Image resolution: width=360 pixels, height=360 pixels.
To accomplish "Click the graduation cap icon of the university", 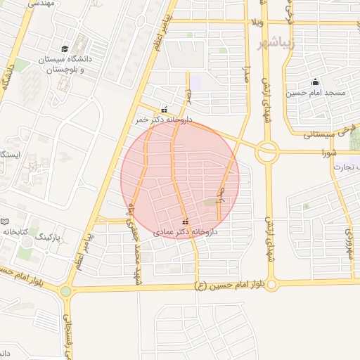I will click(x=65, y=49).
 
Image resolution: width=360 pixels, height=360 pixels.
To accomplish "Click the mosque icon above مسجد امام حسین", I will click(x=315, y=82).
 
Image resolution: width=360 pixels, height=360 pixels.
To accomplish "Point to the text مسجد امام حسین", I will click(x=315, y=93).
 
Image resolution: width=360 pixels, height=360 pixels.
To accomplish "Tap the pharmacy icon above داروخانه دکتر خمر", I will click(x=165, y=110).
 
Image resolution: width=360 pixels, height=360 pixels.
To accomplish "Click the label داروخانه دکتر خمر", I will click(x=163, y=120).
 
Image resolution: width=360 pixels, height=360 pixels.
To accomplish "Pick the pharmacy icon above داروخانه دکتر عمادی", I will click(x=185, y=221).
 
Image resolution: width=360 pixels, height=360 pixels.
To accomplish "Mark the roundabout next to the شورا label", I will click(x=268, y=151).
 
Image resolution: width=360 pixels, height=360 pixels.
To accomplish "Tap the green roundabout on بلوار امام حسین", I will click(x=66, y=290).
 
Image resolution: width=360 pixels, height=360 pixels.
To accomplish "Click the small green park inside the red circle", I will click(x=210, y=203).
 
